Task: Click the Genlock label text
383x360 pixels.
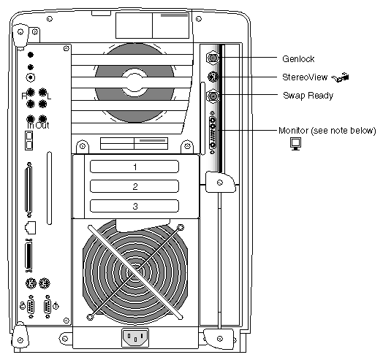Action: [x=298, y=59]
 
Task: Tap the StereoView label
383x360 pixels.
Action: [x=305, y=77]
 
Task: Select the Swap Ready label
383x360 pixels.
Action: [x=308, y=96]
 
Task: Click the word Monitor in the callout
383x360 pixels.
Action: [x=293, y=130]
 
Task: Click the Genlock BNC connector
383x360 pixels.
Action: [x=213, y=58]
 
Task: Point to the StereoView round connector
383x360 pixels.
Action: [x=213, y=77]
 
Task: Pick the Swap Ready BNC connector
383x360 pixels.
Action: [x=213, y=96]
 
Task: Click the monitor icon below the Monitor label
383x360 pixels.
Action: [x=295, y=144]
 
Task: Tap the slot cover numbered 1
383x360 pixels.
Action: [x=134, y=166]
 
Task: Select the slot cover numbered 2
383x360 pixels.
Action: [x=134, y=186]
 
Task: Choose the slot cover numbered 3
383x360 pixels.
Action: [x=134, y=206]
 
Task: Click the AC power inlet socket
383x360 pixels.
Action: [x=135, y=337]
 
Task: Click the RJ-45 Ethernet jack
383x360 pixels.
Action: [x=30, y=228]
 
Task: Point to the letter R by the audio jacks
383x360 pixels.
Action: [x=24, y=96]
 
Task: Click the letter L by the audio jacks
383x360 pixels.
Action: [x=49, y=96]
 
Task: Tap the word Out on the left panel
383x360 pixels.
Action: [x=42, y=125]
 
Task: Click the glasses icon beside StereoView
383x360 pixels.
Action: [x=341, y=77]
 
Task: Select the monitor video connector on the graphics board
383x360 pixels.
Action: [x=213, y=132]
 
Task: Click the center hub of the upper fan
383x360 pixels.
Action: [x=134, y=83]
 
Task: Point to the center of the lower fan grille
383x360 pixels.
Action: [x=135, y=272]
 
